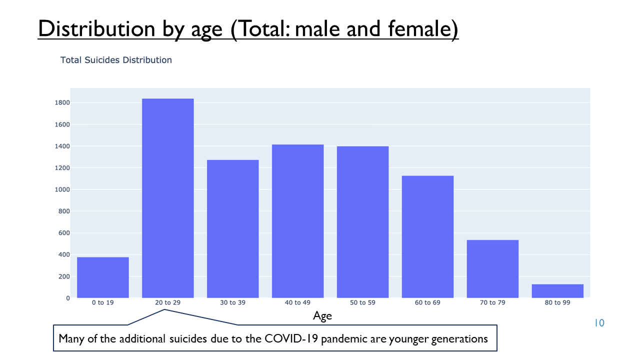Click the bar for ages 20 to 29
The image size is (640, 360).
tap(167, 198)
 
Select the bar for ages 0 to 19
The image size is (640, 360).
tap(103, 277)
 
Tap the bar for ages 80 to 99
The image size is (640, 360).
tap(557, 291)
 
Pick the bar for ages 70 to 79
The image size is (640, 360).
tap(492, 269)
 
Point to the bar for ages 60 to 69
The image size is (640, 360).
tap(427, 237)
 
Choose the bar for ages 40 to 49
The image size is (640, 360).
tap(297, 221)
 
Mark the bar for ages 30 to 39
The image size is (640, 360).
tap(233, 229)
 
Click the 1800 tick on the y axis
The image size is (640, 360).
tap(62, 102)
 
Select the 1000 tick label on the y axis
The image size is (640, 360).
tap(62, 189)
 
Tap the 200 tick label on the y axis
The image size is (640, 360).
tap(64, 276)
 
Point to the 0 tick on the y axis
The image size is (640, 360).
tap(68, 298)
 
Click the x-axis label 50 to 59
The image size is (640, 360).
tap(362, 302)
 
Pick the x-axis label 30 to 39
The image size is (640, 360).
tap(232, 302)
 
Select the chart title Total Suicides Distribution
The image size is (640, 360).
tap(116, 60)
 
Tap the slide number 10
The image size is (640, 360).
tap(599, 323)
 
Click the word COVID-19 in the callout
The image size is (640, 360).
tap(291, 339)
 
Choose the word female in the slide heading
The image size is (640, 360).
tap(419, 28)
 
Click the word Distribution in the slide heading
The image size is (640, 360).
tap(96, 28)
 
